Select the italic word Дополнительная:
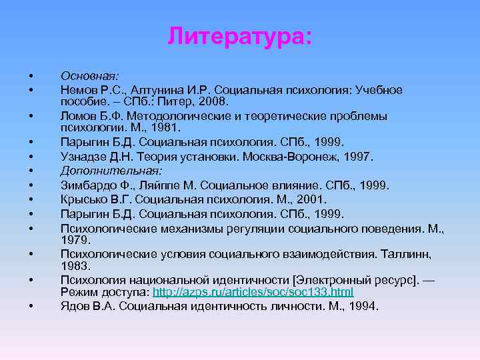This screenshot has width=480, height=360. coord(107,171)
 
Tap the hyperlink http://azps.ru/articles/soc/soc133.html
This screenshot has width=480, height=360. coord(253,293)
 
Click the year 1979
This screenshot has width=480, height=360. coord(75,239)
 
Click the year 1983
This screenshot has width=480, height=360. coord(75,265)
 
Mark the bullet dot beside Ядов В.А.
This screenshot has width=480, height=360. coord(31,307)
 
